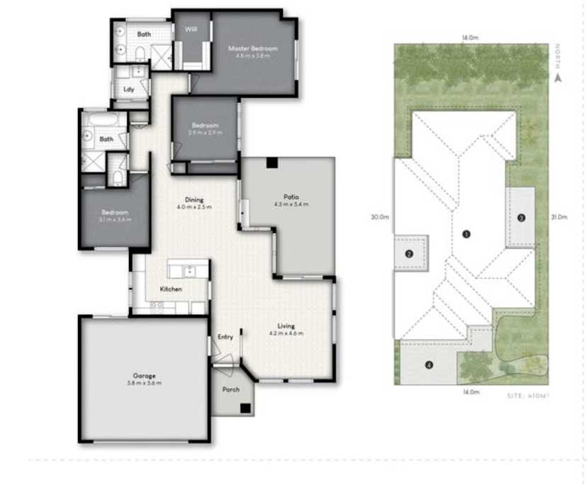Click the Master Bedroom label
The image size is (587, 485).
click(x=252, y=48)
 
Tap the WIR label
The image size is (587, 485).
click(x=191, y=29)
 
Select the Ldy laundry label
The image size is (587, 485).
click(x=129, y=89)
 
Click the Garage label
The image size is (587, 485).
click(x=144, y=376)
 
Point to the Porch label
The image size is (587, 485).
click(x=231, y=389)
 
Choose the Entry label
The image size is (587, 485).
click(x=225, y=337)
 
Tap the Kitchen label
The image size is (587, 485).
click(x=171, y=289)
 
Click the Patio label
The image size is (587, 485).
click(x=291, y=197)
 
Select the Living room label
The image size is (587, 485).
click(x=286, y=327)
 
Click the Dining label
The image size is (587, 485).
click(x=194, y=199)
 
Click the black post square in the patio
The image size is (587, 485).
click(x=272, y=164)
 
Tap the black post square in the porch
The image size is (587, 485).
click(x=245, y=408)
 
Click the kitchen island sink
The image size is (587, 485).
click(x=189, y=270)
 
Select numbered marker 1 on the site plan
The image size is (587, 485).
click(x=466, y=233)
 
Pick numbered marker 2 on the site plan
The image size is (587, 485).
click(x=409, y=254)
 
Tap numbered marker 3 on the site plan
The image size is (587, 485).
click(x=521, y=218)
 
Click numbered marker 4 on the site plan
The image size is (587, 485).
click(x=429, y=365)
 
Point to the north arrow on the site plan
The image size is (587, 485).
click(x=558, y=78)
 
